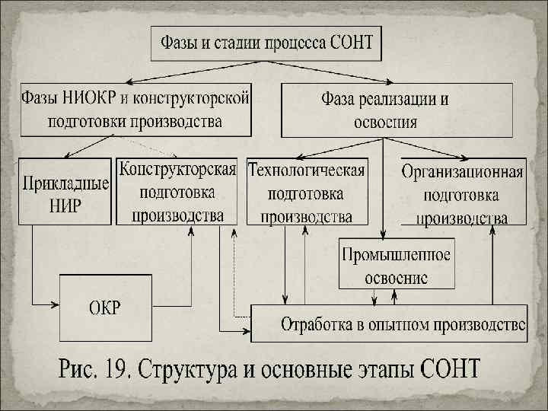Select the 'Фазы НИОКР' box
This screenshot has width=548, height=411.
(x=135, y=109)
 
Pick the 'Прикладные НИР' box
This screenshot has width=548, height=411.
(x=65, y=192)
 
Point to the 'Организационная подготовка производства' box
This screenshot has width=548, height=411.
(x=464, y=193)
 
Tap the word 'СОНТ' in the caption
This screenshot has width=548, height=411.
(x=452, y=372)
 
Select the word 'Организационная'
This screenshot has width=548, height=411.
(x=464, y=170)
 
